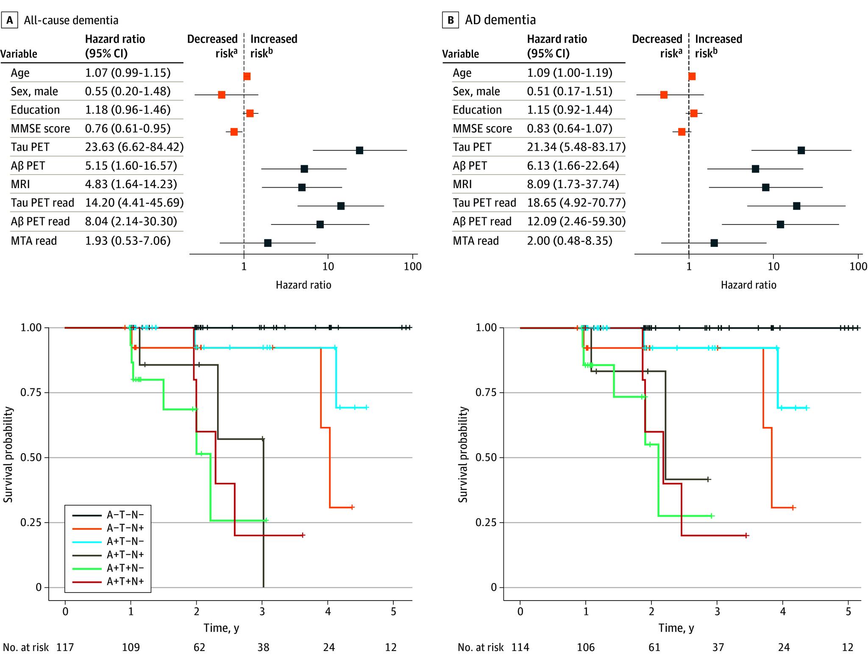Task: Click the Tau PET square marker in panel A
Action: (359, 150)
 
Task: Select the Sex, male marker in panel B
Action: (664, 95)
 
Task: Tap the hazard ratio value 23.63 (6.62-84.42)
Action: (134, 147)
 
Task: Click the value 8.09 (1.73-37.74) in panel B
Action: (573, 184)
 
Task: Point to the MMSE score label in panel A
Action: (40, 129)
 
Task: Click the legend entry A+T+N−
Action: (125, 568)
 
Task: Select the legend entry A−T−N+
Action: (125, 528)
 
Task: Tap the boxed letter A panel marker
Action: (9, 20)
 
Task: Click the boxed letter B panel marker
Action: (451, 20)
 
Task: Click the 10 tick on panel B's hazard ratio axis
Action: (773, 266)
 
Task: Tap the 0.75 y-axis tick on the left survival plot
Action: (32, 393)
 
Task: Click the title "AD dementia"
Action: (500, 20)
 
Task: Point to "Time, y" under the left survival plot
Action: (221, 628)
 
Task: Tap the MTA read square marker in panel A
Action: (267, 243)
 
